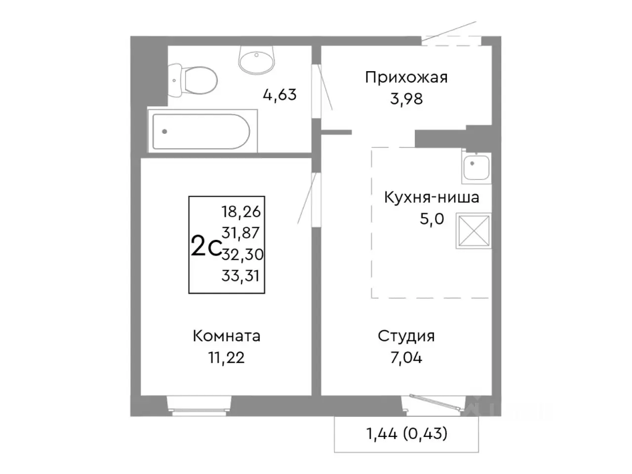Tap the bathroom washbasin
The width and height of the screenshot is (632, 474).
pyautogui.click(x=256, y=60)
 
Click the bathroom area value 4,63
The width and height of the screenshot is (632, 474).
pyautogui.click(x=279, y=94)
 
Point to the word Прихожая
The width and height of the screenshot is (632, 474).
pyautogui.click(x=406, y=78)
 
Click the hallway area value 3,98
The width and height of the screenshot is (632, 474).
pyautogui.click(x=406, y=99)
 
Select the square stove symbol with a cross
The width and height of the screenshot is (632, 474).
pyautogui.click(x=474, y=231)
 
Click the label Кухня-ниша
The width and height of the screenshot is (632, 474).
pyautogui.click(x=431, y=197)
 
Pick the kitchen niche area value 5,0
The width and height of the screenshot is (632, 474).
pyautogui.click(x=432, y=218)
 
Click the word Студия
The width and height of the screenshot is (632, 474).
pyautogui.click(x=406, y=336)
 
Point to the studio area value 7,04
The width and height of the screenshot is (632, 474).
pyautogui.click(x=406, y=357)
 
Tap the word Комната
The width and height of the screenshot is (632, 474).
pyautogui.click(x=226, y=336)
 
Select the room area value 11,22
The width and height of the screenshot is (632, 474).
pyautogui.click(x=226, y=357)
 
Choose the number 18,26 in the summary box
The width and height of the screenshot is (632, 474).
pyautogui.click(x=241, y=212)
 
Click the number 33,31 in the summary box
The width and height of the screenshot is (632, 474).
pyautogui.click(x=240, y=276)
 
